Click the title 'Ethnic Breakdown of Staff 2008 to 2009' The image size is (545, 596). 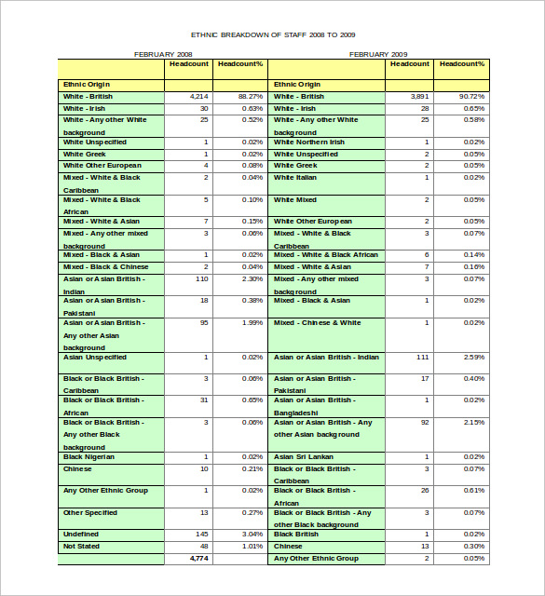click(273, 34)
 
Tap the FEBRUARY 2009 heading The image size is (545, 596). click(378, 54)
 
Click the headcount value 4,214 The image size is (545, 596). click(198, 97)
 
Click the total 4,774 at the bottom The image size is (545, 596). click(198, 557)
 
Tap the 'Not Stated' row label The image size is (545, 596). click(81, 546)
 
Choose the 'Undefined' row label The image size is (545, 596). click(80, 535)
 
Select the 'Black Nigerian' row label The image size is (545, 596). click(89, 457)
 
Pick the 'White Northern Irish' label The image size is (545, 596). click(309, 142)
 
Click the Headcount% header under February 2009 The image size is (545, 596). click(462, 64)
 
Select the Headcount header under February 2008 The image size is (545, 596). click(189, 64)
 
